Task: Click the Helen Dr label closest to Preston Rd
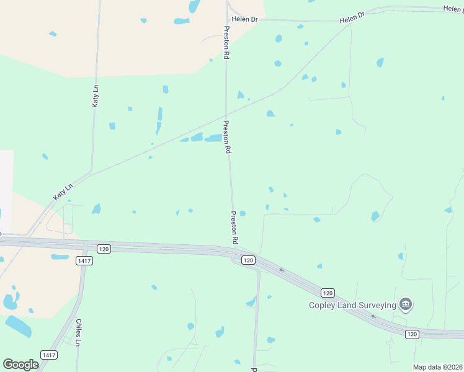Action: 245,19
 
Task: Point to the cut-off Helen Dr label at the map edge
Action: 453,9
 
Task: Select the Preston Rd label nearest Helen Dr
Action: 227,42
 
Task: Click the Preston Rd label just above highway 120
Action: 234,227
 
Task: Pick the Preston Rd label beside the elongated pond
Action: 227,137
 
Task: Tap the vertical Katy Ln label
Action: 96,96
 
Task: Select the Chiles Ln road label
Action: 78,333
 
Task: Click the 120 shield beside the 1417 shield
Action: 103,249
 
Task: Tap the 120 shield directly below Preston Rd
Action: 248,260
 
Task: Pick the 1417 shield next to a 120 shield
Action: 84,261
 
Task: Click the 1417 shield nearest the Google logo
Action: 48,355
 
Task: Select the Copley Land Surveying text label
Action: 353,304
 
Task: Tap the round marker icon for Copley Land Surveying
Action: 406,304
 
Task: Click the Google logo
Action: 20,365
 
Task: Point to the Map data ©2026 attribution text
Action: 438,367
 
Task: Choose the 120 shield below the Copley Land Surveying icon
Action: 412,334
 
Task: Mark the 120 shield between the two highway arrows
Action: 328,292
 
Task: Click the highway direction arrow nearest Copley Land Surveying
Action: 373,316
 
